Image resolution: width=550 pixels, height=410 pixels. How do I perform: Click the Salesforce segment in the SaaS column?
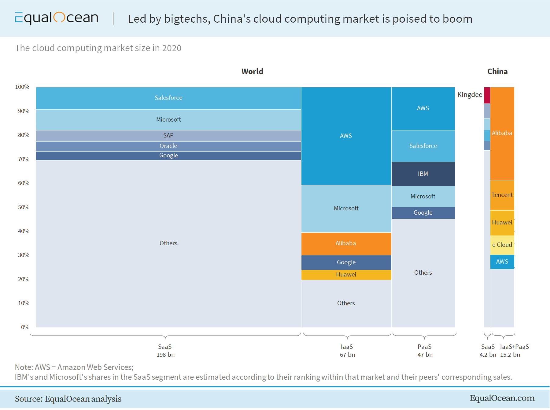point(168,98)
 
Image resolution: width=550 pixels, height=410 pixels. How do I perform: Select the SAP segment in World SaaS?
point(168,136)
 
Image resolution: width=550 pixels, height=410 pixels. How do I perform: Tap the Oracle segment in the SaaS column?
point(168,146)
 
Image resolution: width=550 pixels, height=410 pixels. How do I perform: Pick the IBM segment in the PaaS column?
point(423,174)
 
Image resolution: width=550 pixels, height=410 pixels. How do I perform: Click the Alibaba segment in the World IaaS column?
point(346,243)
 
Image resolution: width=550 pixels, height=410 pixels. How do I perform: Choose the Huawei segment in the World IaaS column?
point(346,275)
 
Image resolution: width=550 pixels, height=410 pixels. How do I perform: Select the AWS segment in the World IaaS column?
point(346,136)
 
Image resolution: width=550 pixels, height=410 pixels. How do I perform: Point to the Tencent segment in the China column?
point(502,195)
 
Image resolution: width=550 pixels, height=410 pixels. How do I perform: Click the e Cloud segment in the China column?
point(502,245)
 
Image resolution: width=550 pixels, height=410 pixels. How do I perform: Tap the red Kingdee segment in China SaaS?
point(487,95)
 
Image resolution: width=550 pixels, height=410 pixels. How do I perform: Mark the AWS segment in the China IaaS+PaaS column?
point(502,262)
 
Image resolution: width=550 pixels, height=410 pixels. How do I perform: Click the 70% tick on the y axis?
point(24,159)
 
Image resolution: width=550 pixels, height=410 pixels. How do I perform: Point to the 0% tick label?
point(25,327)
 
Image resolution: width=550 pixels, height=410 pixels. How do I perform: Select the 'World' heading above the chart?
point(252,72)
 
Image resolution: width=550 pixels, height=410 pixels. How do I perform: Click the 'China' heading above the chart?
point(497,72)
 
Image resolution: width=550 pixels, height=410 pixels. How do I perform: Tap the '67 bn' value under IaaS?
point(347,355)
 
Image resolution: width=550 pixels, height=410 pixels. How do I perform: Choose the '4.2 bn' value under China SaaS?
point(488,355)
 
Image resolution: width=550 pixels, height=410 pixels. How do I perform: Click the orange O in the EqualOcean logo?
point(59,17)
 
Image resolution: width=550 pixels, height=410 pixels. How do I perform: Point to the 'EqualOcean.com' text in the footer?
point(502,398)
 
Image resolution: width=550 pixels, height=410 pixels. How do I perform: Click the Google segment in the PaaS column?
point(423,213)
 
